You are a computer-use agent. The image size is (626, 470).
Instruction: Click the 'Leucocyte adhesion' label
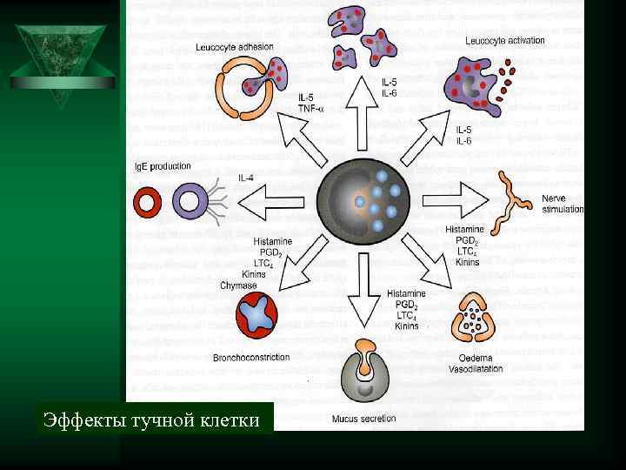point(234,47)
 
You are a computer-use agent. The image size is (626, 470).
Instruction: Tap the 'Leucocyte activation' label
point(504,40)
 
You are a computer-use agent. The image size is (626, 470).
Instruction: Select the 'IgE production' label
point(162,166)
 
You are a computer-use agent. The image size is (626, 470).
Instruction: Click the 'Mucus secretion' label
point(363,419)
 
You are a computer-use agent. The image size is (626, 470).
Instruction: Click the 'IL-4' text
point(246,178)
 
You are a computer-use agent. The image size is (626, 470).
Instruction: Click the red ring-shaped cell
point(147,204)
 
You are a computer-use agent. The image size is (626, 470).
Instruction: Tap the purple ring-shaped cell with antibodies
point(189,204)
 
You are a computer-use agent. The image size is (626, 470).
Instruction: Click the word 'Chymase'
point(237,285)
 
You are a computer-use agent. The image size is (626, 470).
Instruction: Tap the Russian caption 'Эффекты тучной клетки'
point(152,421)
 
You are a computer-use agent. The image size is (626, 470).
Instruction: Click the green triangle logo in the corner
point(62,61)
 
